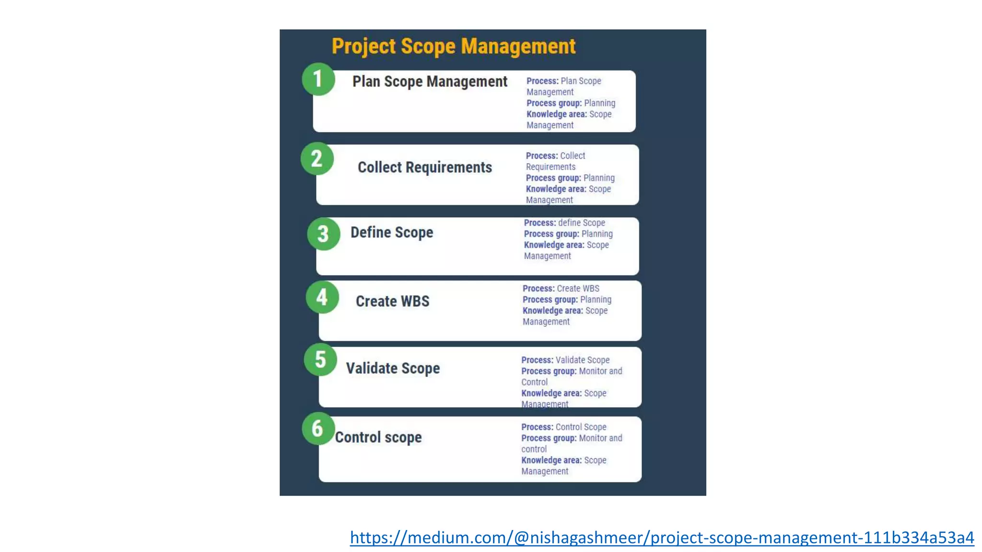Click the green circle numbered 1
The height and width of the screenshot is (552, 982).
tap(318, 79)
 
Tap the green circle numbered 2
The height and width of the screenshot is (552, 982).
tap(317, 159)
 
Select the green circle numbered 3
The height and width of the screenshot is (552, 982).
tap(324, 234)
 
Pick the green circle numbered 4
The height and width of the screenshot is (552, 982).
tap(322, 297)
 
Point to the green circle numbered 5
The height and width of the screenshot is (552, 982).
tap(320, 359)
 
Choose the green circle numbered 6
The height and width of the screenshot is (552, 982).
tap(318, 428)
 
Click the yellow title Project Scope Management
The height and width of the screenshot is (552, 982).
tap(454, 46)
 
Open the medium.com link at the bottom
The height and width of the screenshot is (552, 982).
tap(662, 538)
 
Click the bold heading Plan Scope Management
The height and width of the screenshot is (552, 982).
tap(430, 81)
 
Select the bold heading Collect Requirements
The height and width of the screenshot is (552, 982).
tap(425, 167)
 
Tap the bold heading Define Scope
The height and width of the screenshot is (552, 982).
tap(392, 232)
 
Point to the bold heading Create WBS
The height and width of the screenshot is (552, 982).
tap(392, 301)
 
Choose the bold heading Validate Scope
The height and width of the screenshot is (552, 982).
tap(393, 368)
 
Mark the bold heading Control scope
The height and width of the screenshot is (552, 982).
tap(378, 437)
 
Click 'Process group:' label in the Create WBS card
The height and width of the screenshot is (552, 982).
tap(550, 299)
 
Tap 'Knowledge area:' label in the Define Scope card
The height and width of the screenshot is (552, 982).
tap(554, 245)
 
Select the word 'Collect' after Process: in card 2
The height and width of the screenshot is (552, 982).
tap(573, 156)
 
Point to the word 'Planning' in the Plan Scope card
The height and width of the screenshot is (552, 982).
tap(599, 103)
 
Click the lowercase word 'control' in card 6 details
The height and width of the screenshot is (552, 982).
tap(534, 449)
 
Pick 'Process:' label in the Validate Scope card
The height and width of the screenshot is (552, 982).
tap(537, 360)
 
